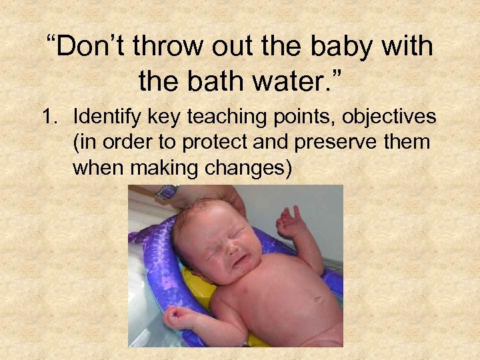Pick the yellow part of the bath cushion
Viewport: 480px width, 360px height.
[x=193, y=280]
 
